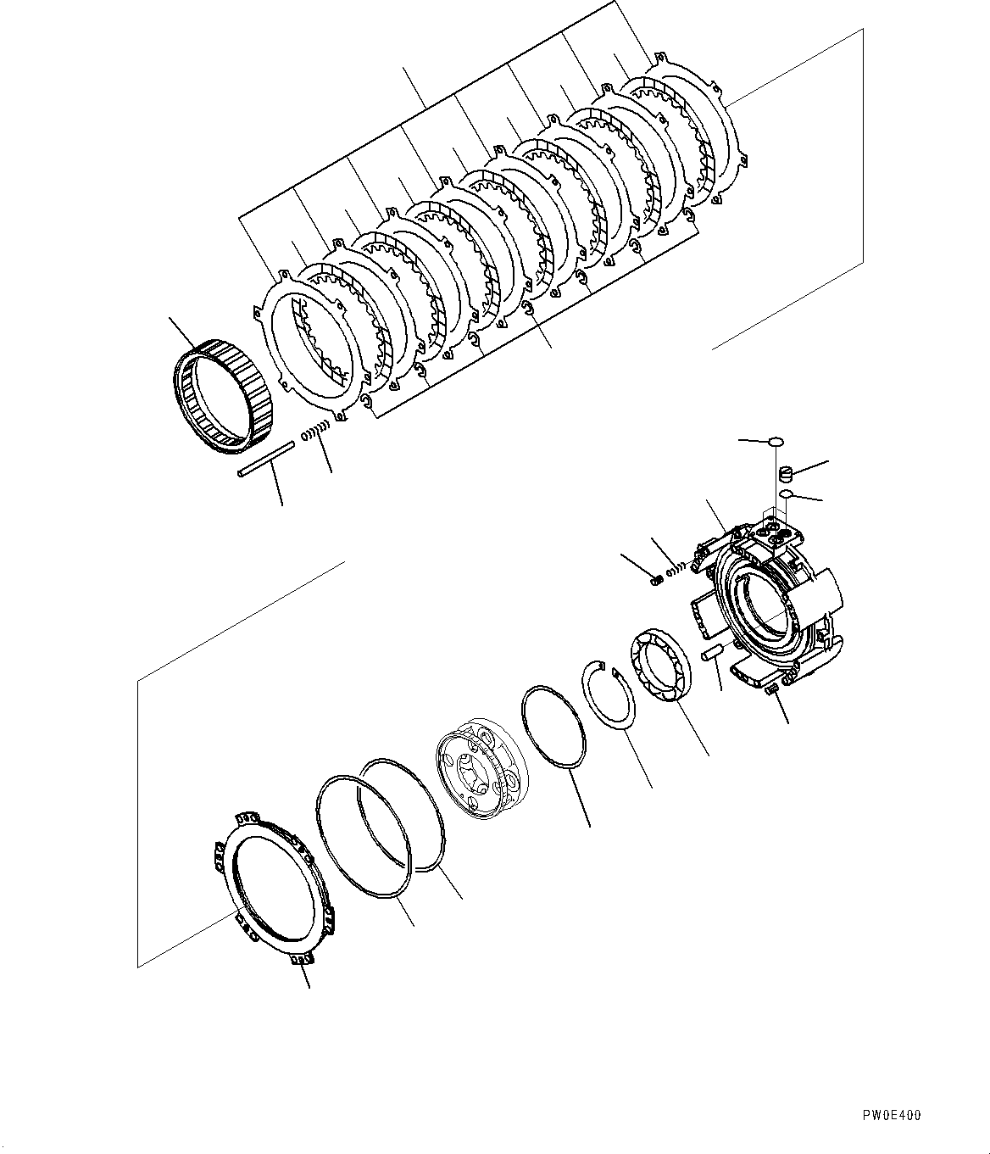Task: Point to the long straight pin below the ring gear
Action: pos(265,459)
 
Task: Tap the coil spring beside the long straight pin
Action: pos(315,432)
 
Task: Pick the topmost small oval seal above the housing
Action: pos(775,442)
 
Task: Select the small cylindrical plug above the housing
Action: pos(785,473)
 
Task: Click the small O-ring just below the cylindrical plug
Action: pos(786,493)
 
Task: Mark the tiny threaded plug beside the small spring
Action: pos(656,580)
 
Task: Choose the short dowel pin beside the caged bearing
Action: pos(709,653)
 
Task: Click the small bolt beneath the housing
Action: pos(772,691)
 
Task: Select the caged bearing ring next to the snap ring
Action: pos(661,665)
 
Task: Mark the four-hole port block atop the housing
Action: pos(781,534)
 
